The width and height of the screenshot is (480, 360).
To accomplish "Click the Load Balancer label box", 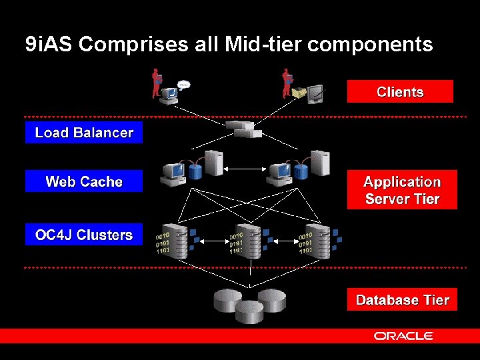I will (x=84, y=133).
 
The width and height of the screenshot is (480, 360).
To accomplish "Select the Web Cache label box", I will (x=84, y=181).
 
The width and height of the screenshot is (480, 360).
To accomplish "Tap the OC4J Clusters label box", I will (x=84, y=235).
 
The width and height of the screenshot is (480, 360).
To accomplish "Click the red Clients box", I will (x=400, y=92).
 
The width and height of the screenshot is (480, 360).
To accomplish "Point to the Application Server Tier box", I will (x=402, y=191).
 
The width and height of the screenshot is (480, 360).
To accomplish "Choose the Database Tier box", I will (x=402, y=300).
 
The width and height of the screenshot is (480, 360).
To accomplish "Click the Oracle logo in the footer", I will (x=403, y=336).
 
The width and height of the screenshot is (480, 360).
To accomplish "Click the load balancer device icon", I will (x=243, y=129).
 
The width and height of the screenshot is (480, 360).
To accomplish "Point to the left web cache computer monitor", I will (x=173, y=173).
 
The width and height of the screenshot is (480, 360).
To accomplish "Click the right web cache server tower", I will (x=320, y=163).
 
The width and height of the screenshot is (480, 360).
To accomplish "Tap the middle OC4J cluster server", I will (x=248, y=241).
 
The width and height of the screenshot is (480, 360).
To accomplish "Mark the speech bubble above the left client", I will (x=183, y=85).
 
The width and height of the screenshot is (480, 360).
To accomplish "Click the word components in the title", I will (x=371, y=45).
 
